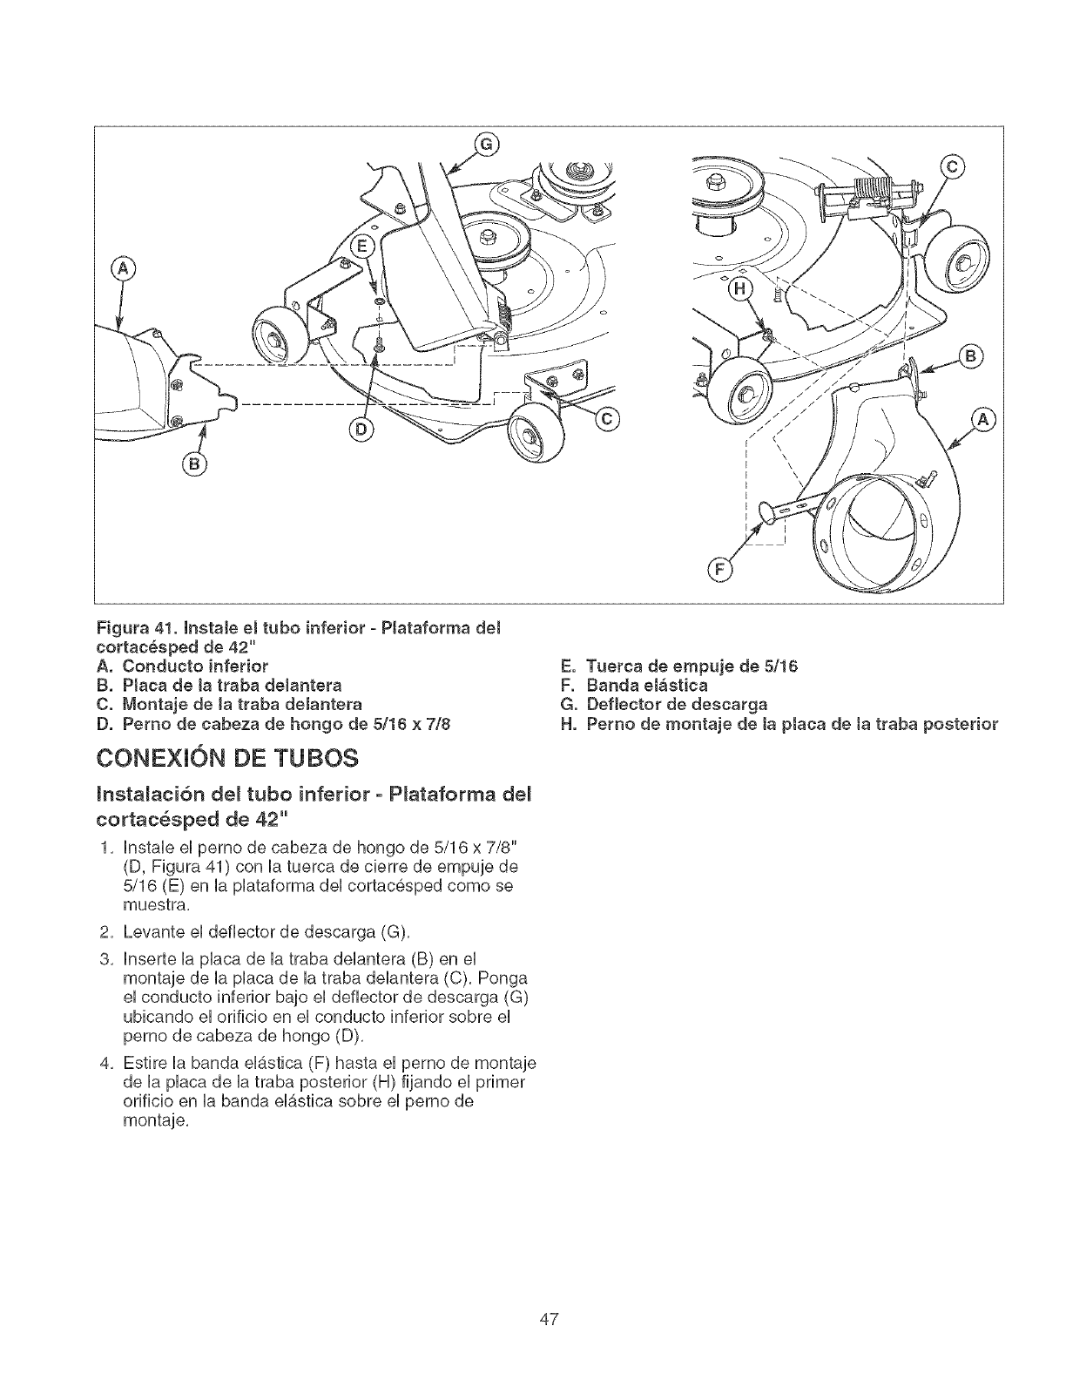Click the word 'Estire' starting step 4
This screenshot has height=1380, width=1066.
point(142,1064)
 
